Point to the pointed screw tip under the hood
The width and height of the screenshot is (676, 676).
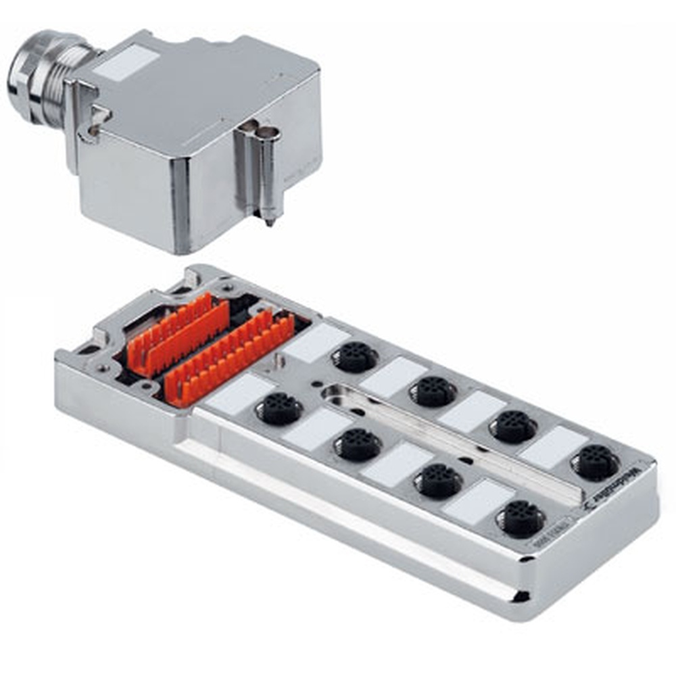270,221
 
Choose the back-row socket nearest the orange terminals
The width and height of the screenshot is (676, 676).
355,356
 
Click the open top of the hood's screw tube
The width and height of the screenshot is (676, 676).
270,133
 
